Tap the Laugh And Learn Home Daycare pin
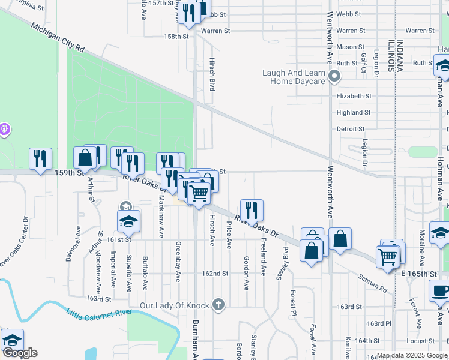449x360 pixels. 335,77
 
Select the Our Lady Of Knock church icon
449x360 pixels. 218,305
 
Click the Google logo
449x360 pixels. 20,353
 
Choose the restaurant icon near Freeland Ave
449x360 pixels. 252,210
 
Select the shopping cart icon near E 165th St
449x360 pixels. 388,256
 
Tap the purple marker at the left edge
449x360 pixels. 4,128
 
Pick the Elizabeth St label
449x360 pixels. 354,96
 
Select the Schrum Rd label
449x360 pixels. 373,284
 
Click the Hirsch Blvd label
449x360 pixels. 211,74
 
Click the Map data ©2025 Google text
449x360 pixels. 412,355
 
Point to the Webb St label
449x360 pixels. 348,14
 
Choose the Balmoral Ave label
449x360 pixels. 77,243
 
